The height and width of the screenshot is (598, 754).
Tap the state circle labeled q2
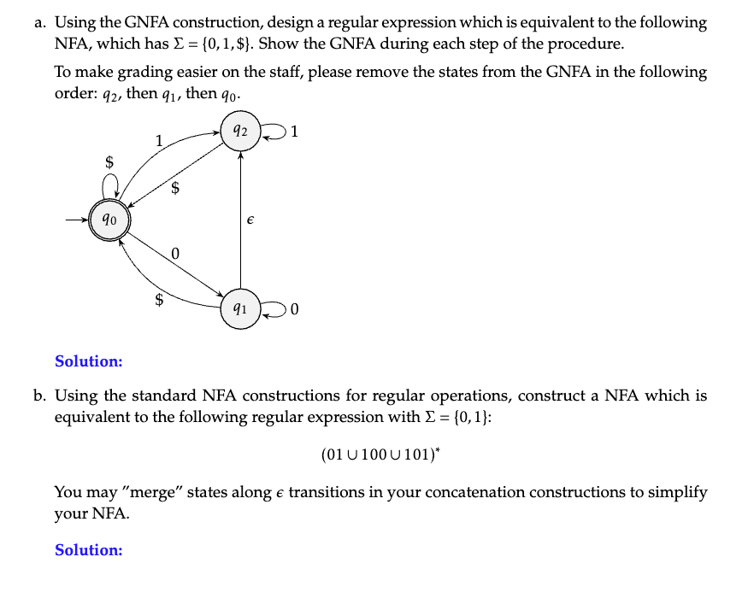coord(240,132)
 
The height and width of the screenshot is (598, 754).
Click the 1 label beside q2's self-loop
coord(294,132)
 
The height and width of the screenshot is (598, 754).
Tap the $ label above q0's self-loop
coord(109,161)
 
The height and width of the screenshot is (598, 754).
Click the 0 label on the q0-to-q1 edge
coord(175,254)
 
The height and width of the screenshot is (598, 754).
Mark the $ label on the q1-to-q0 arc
coord(158,299)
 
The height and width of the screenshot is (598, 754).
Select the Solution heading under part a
coord(89,361)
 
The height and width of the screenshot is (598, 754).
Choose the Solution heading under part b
coord(89,550)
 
